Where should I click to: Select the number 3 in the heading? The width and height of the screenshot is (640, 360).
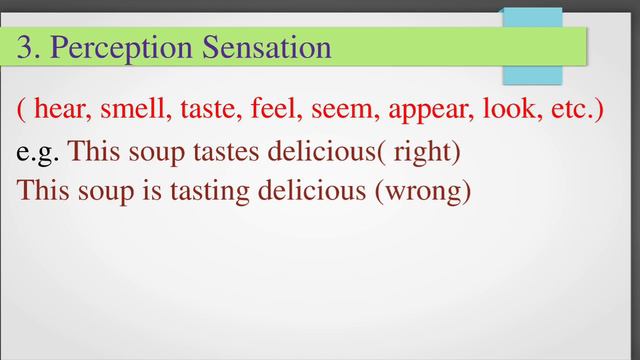pyautogui.click(x=26, y=47)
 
